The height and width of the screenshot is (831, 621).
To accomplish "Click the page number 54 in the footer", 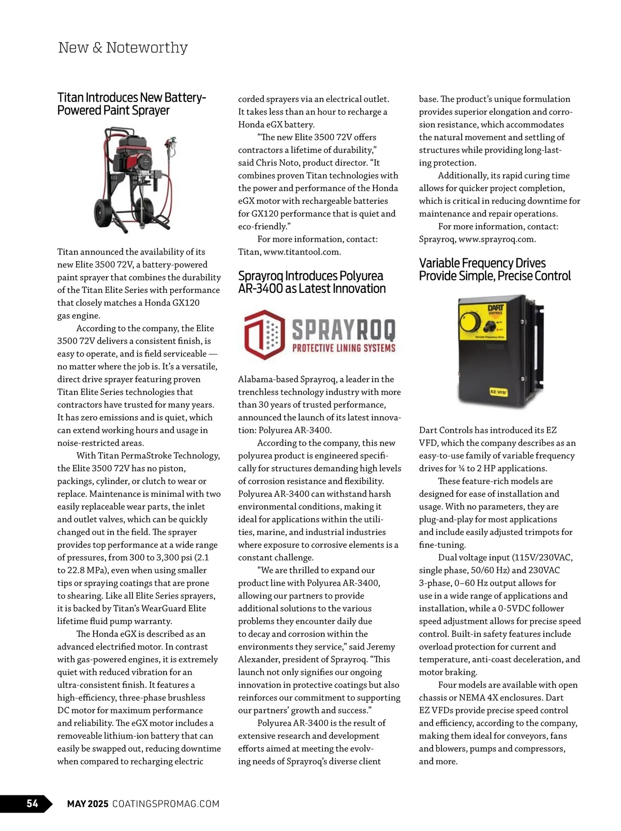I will click(32, 803).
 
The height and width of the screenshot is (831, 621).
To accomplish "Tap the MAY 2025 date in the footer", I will click(87, 804).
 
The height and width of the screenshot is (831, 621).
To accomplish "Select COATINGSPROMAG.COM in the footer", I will click(166, 804).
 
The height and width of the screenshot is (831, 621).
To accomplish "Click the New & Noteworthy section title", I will click(123, 48).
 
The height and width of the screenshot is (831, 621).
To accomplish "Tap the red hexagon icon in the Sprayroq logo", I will click(264, 334).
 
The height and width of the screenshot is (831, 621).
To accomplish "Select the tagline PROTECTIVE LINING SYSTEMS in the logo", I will click(344, 348).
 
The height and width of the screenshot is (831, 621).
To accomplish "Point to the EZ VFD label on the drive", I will click(498, 392).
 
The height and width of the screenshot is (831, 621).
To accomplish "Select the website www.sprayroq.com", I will click(496, 239).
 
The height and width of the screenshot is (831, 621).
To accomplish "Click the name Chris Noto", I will click(277, 162).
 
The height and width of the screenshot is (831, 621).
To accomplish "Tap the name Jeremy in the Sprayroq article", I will click(380, 647).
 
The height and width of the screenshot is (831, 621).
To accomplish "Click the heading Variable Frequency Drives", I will click(482, 263).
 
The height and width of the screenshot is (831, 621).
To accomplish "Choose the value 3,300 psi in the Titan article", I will click(176, 558).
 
